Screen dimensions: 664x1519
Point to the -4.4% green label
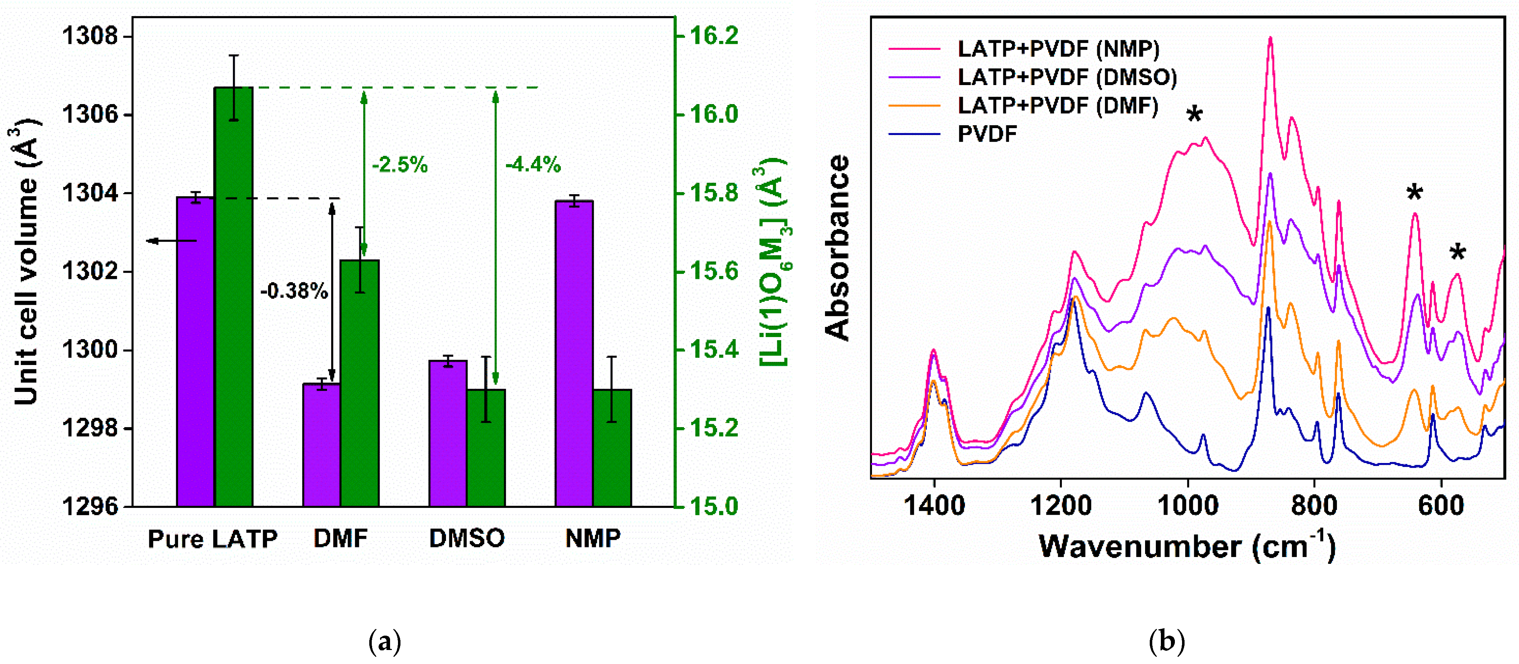533,164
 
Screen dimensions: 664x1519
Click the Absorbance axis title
837,248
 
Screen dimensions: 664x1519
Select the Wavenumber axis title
1186,546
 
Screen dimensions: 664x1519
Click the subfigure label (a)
384,641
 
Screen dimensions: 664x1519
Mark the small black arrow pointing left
171,240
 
